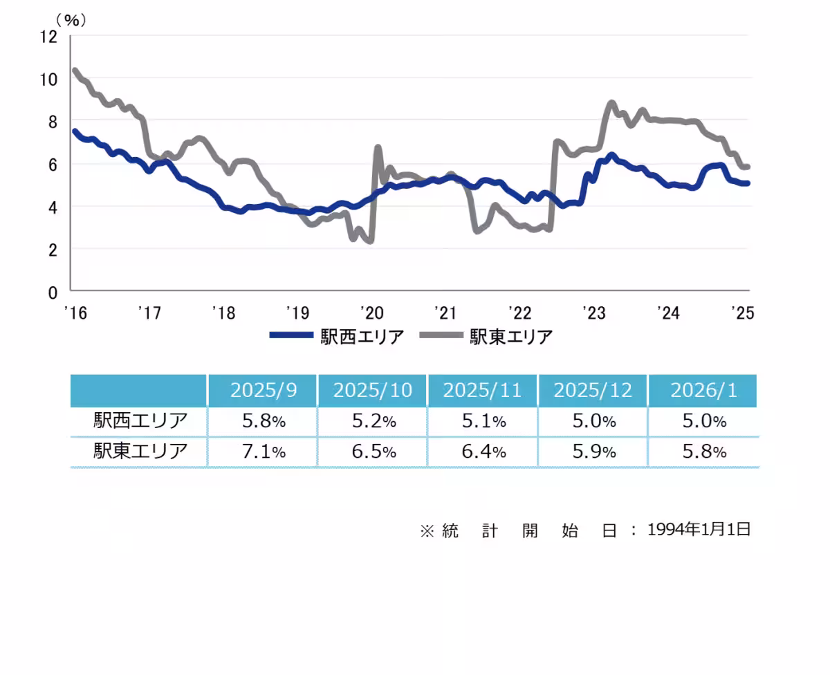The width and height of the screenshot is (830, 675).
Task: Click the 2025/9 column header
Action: click(x=263, y=391)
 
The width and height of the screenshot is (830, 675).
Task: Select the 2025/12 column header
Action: click(x=592, y=391)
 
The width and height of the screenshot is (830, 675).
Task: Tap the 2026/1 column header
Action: click(x=703, y=391)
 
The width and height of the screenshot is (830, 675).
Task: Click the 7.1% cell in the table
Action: click(x=263, y=452)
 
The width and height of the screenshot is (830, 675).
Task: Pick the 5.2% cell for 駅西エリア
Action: click(x=373, y=421)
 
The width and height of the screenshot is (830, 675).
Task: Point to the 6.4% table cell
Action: click(x=483, y=452)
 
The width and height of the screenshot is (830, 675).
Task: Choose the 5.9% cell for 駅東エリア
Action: click(x=592, y=452)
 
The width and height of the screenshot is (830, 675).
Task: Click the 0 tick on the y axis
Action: click(x=53, y=291)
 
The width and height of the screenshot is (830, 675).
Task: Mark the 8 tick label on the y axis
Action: click(x=53, y=122)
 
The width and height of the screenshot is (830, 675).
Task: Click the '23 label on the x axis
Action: click(x=594, y=313)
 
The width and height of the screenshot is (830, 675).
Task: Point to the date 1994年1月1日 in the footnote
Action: click(x=699, y=530)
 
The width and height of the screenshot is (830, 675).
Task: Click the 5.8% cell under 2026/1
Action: click(x=703, y=452)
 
